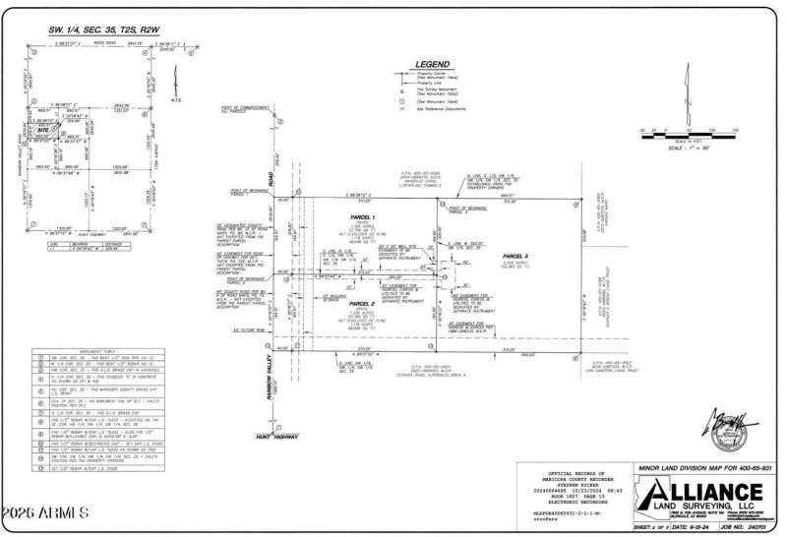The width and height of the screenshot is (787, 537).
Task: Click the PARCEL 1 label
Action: point(363,216)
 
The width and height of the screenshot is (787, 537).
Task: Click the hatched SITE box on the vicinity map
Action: point(44,129)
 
